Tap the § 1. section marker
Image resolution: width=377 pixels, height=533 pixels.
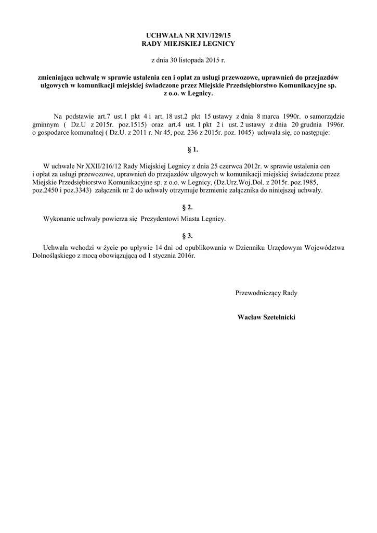pyautogui.click(x=193, y=150)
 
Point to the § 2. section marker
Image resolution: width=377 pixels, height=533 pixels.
pyautogui.click(x=193, y=207)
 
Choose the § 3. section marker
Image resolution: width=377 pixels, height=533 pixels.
pyautogui.click(x=193, y=236)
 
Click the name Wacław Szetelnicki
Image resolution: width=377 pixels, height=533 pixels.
pyautogui.click(x=266, y=316)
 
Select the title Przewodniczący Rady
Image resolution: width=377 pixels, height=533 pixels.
pyautogui.click(x=266, y=293)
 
